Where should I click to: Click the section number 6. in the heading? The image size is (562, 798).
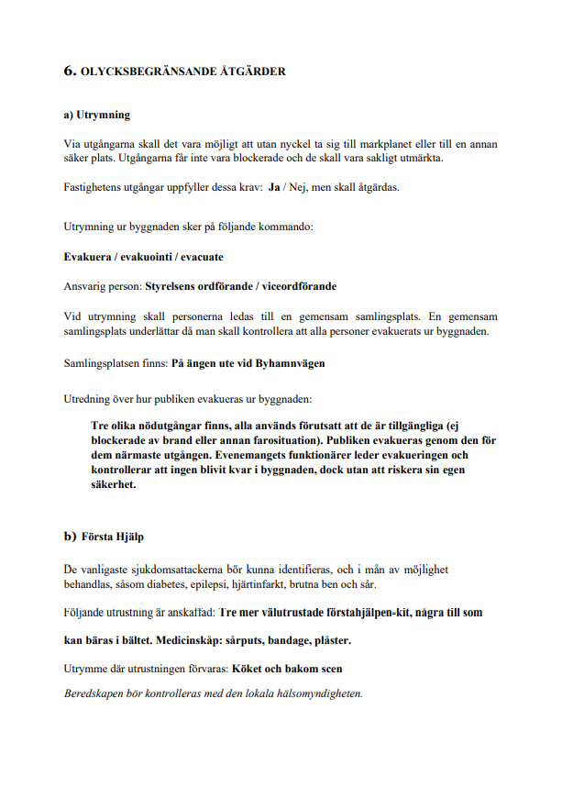[x=69, y=71]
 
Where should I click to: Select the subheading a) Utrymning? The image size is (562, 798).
[x=96, y=116]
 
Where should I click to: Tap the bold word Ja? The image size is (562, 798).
[x=273, y=188]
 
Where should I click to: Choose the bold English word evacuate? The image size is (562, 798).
[x=202, y=257]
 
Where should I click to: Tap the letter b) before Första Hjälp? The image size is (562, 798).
[x=70, y=537]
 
